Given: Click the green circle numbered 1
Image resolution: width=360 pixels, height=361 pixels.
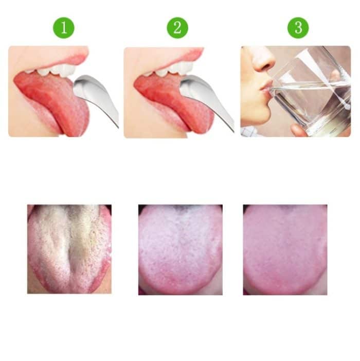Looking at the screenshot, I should [64, 28].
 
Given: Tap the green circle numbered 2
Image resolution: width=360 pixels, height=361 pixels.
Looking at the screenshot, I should [177, 28].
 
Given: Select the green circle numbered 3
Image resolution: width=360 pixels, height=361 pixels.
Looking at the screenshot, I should [298, 28].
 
